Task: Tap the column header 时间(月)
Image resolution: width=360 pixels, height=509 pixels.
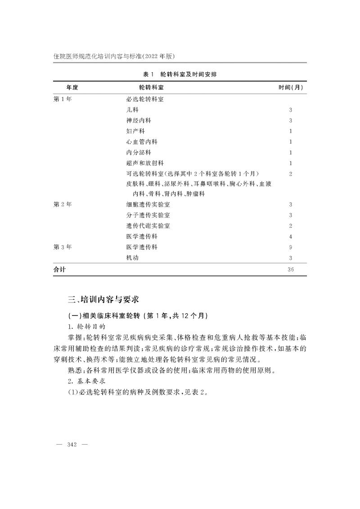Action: coord(290,87)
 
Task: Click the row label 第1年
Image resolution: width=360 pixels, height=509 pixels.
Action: coord(63,99)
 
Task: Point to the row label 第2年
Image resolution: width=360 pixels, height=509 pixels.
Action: coord(63,204)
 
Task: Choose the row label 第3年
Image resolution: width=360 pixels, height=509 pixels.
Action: coord(63,247)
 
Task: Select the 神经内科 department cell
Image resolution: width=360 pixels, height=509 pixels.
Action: coord(139,121)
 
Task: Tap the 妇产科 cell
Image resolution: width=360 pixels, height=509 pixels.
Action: coord(135,131)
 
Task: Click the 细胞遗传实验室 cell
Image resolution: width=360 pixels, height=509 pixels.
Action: coord(148,204)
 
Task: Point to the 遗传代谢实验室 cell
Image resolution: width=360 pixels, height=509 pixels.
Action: coord(148,225)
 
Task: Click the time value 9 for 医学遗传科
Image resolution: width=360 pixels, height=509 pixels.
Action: coord(291,247)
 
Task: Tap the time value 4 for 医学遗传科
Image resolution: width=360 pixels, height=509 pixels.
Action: coord(291,236)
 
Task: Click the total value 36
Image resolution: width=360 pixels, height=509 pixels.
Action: coord(291,270)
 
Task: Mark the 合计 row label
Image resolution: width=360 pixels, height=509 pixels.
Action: coord(59,270)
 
